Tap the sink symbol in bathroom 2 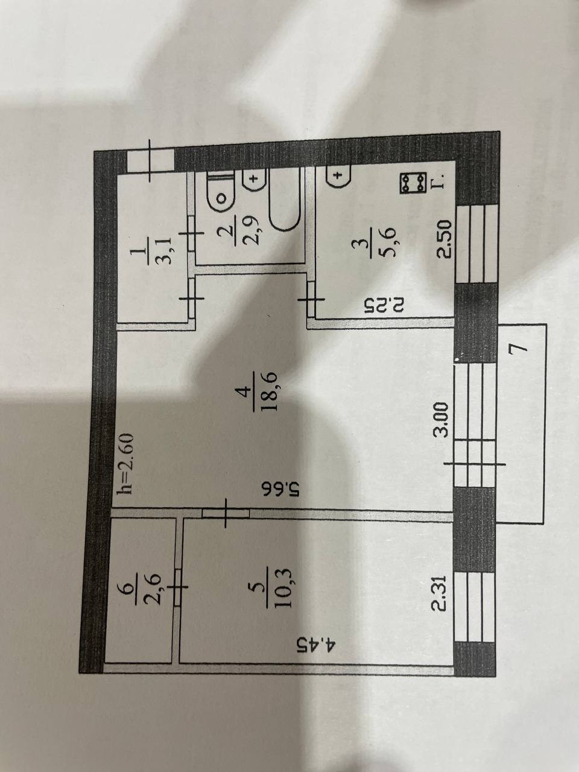[254, 180]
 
